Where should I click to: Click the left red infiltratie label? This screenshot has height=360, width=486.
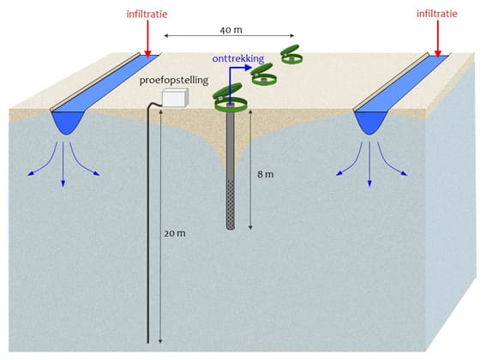pyautogui.click(x=147, y=15)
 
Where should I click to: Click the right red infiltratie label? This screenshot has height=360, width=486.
pyautogui.click(x=437, y=14)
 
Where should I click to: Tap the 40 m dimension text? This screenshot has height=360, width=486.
pyautogui.click(x=231, y=30)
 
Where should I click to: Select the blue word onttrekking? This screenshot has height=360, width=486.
pyautogui.click(x=238, y=58)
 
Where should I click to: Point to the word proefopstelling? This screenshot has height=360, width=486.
pyautogui.click(x=173, y=80)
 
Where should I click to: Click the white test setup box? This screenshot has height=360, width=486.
pyautogui.click(x=175, y=98)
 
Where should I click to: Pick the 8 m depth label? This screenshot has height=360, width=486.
pyautogui.click(x=266, y=174)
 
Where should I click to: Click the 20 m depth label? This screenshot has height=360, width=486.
pyautogui.click(x=175, y=233)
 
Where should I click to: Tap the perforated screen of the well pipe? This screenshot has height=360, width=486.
pyautogui.click(x=231, y=204)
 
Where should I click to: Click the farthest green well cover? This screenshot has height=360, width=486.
pyautogui.click(x=291, y=55)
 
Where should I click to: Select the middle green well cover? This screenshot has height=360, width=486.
pyautogui.click(x=263, y=75)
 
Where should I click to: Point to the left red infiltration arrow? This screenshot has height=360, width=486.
pyautogui.click(x=147, y=39)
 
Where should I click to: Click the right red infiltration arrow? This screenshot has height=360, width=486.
pyautogui.click(x=438, y=39)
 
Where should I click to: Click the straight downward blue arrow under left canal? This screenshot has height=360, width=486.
pyautogui.click(x=63, y=165)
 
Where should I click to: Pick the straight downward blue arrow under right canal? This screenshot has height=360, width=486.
pyautogui.click(x=369, y=165)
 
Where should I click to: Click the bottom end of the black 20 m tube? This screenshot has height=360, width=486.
pyautogui.click(x=147, y=342)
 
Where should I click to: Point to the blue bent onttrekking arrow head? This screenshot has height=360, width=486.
pyautogui.click(x=248, y=68)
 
